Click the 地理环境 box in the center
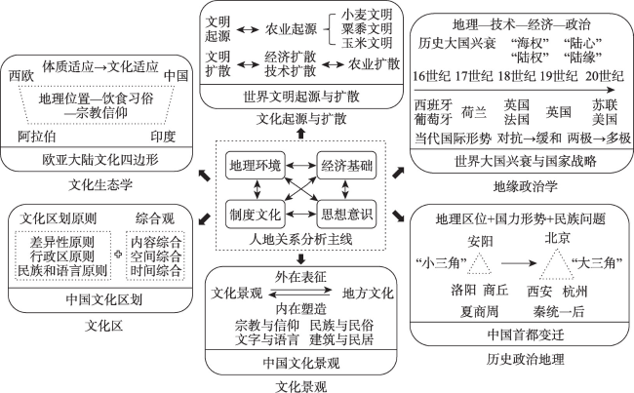tap(256, 166)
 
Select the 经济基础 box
tap(346, 166)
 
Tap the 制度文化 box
tap(256, 214)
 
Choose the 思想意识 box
tap(346, 214)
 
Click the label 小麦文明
tap(367, 15)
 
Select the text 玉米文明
tap(367, 43)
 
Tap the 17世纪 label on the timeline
tap(474, 76)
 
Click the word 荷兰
tap(474, 112)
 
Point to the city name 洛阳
tap(463, 290)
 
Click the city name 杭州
tap(575, 292)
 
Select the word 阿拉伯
tap(37, 137)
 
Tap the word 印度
tap(163, 137)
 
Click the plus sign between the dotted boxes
tap(118, 255)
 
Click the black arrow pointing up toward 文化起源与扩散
tap(300, 133)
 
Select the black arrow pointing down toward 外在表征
tap(300, 258)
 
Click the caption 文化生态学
tap(100, 184)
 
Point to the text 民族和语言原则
tap(61, 270)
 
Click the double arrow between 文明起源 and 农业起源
tap(248, 29)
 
